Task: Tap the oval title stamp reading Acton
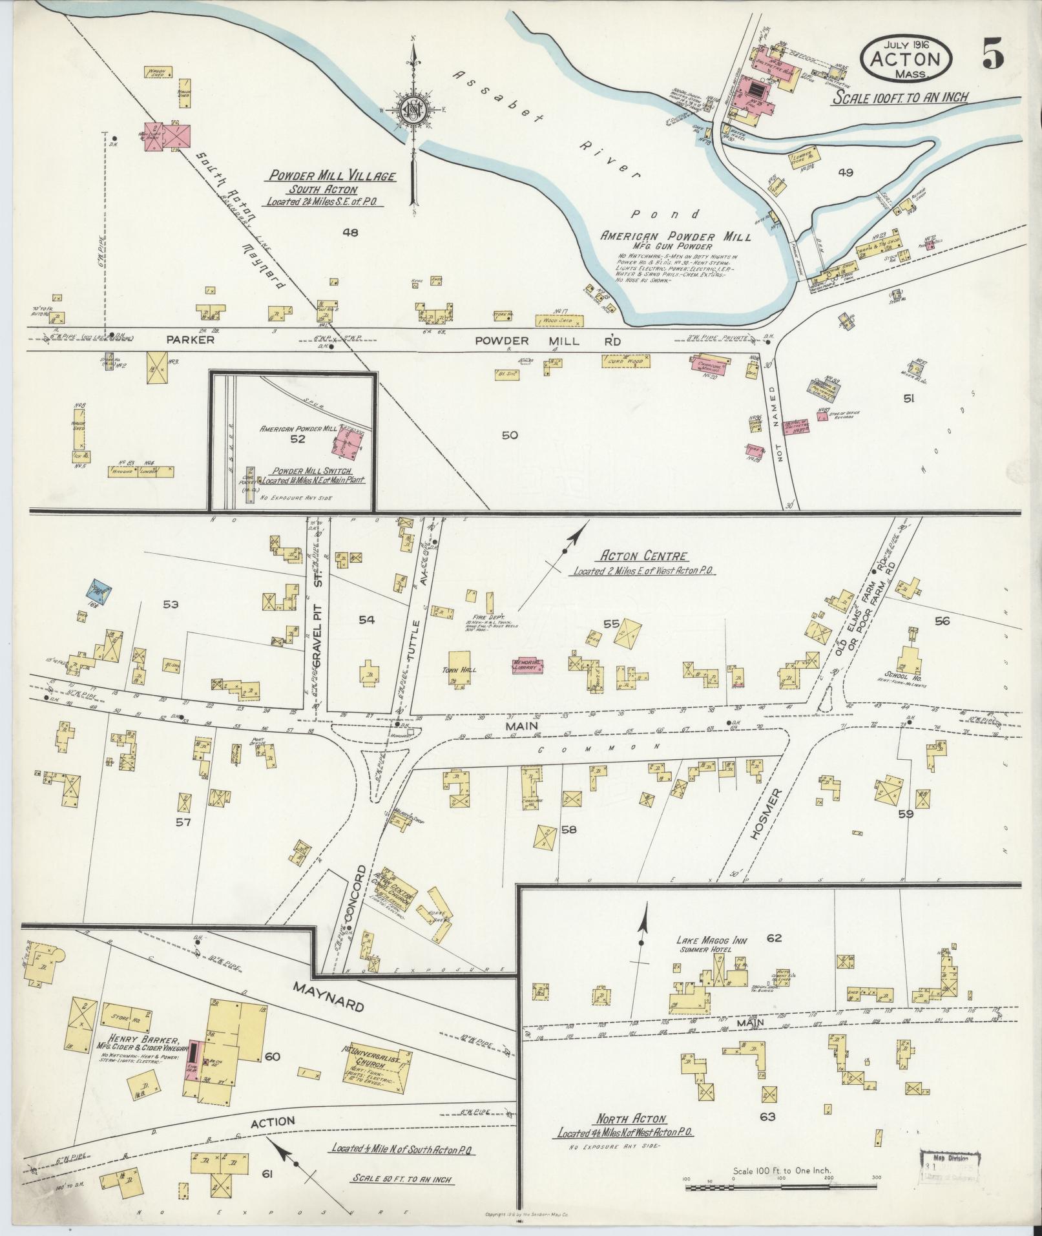pyautogui.click(x=907, y=58)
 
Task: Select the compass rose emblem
pyautogui.click(x=411, y=109)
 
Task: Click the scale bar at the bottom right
pyautogui.click(x=781, y=1188)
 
